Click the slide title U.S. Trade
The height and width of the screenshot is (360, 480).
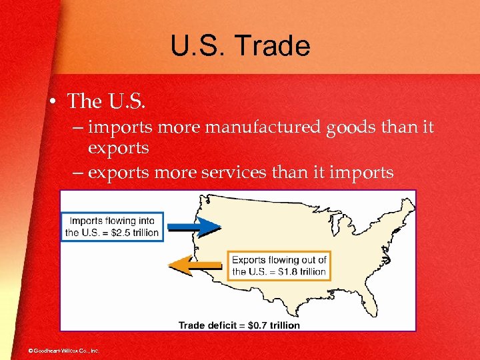240,47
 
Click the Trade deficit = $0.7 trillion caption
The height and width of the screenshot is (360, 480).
239,325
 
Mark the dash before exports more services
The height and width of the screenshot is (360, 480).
78,172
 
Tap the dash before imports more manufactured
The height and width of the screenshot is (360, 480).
78,127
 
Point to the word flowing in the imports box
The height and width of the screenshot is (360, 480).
123,221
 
